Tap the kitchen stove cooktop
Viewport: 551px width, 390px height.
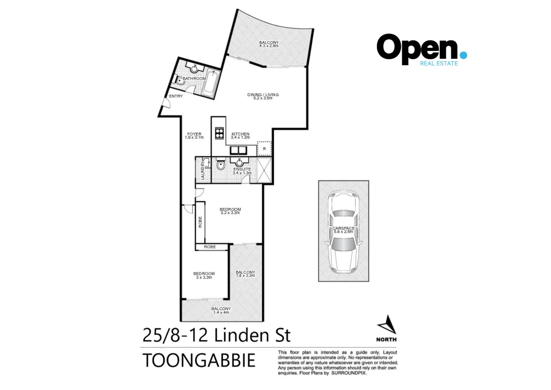point(219,134)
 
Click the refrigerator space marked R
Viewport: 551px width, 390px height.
point(264,148)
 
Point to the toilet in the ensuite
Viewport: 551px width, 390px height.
point(221,166)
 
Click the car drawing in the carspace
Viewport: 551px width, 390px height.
point(343,231)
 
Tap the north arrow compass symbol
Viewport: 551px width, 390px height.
point(387,325)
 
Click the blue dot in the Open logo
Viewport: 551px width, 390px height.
point(463,55)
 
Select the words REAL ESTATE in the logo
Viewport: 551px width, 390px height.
point(438,64)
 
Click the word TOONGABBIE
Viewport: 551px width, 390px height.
point(199,360)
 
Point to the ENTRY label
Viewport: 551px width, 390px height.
point(176,96)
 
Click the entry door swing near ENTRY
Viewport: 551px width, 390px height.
point(166,103)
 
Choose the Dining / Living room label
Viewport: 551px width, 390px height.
point(263,96)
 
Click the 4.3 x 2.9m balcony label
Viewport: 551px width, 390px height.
point(269,44)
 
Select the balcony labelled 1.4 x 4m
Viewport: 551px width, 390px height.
point(221,311)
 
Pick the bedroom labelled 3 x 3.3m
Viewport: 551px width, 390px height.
point(204,276)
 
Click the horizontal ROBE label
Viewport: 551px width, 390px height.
point(210,247)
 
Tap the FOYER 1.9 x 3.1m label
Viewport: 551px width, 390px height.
point(194,135)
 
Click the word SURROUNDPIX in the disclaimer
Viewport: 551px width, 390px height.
point(348,373)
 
